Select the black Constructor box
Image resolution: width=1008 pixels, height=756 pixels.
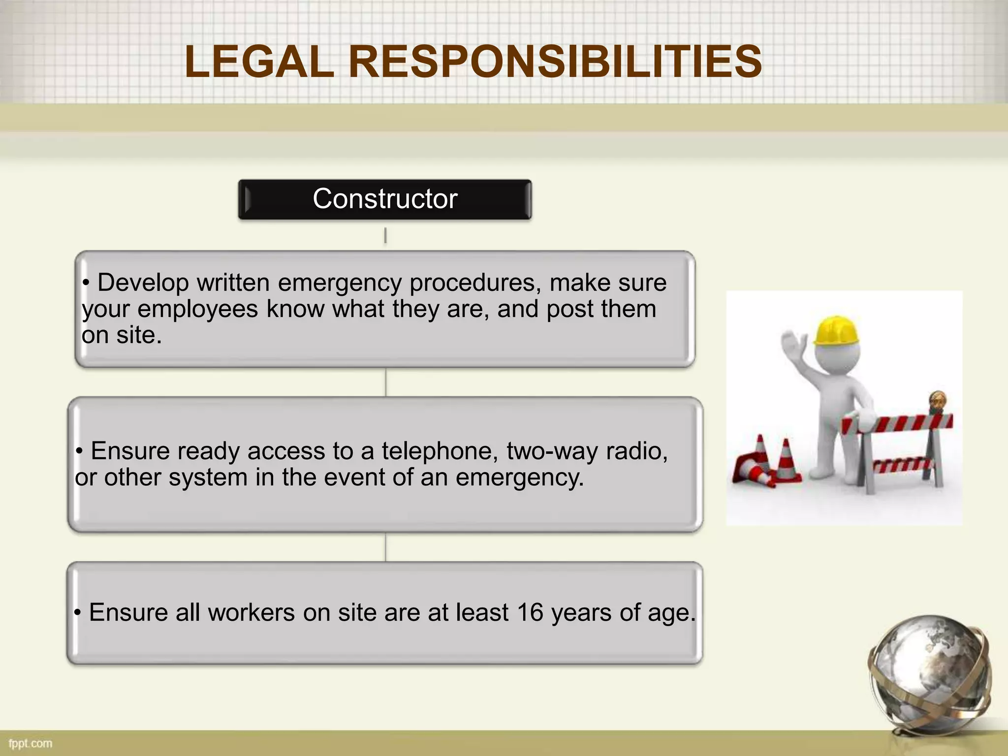385,199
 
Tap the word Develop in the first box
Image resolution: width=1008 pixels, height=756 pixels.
143,283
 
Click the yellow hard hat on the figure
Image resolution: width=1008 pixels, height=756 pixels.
836,331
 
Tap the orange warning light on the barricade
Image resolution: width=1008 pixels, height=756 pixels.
937,401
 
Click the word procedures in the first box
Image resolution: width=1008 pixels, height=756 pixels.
475,283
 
